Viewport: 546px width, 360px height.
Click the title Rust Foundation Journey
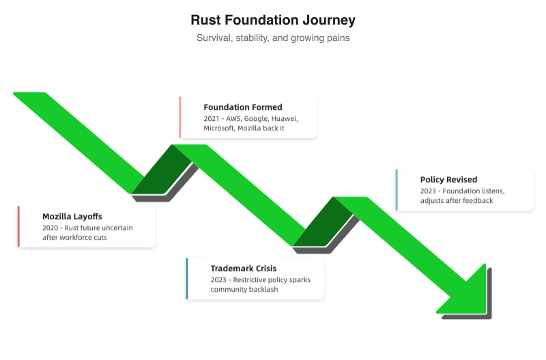[273, 20]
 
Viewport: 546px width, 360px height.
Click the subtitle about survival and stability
[273, 38]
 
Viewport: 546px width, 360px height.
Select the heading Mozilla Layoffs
[72, 217]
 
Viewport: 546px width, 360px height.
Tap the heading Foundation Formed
[242, 107]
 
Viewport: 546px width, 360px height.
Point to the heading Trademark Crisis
[243, 268]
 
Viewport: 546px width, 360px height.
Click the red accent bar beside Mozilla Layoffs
[19, 226]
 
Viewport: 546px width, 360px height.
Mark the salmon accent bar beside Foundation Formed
[180, 117]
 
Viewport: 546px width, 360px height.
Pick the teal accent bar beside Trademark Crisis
[187, 279]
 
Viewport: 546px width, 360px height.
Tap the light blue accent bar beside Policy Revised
[397, 190]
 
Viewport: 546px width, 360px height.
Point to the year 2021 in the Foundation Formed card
[212, 118]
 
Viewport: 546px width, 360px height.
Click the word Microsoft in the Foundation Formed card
[218, 128]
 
